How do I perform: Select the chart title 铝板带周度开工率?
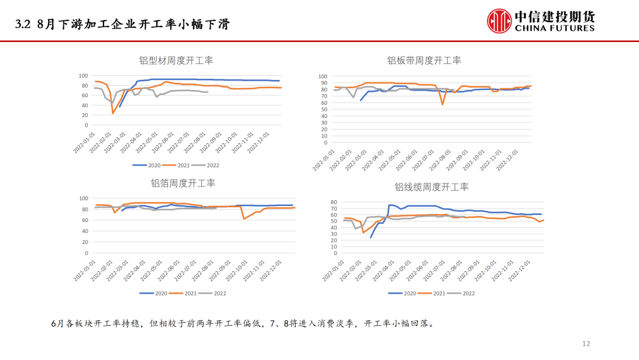coord(424,60)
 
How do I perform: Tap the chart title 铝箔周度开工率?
coord(183,183)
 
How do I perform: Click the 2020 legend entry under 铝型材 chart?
coord(147,165)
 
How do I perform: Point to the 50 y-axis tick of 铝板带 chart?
coord(323,110)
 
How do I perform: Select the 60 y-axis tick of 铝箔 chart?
coord(83,220)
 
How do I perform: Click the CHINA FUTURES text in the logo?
coord(554,28)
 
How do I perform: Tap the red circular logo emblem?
coord(499,21)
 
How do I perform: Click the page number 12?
coord(586,343)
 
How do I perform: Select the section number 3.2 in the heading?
coord(22,24)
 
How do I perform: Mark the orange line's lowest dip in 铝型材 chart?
coord(113,113)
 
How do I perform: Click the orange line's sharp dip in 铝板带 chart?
coord(442,105)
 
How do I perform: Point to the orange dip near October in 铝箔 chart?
coord(244,219)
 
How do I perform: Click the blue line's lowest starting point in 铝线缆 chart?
coord(371,237)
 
